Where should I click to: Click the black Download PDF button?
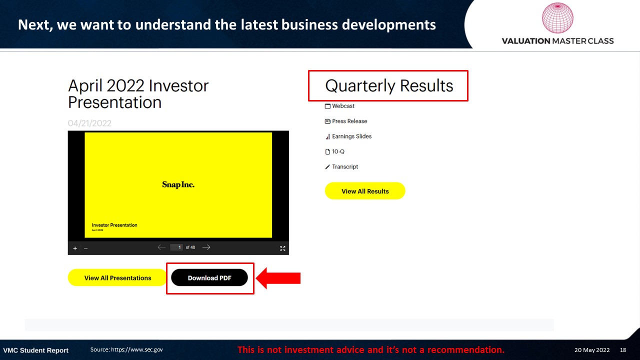(x=209, y=277)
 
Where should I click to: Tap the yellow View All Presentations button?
(x=117, y=277)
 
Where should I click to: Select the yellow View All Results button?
(x=365, y=191)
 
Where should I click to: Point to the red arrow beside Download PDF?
(x=278, y=278)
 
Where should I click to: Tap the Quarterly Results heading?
(x=389, y=85)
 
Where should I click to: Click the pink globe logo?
(x=557, y=17)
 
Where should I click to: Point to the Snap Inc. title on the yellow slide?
(x=178, y=184)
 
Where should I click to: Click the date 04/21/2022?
(x=89, y=123)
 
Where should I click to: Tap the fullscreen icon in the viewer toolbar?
(x=282, y=248)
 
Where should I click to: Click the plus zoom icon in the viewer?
(x=75, y=248)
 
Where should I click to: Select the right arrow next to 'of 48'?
(x=206, y=247)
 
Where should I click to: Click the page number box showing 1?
(x=176, y=247)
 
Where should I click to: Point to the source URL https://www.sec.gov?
(x=137, y=349)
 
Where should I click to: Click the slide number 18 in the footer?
(x=623, y=350)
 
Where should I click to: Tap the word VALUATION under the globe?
(x=526, y=41)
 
